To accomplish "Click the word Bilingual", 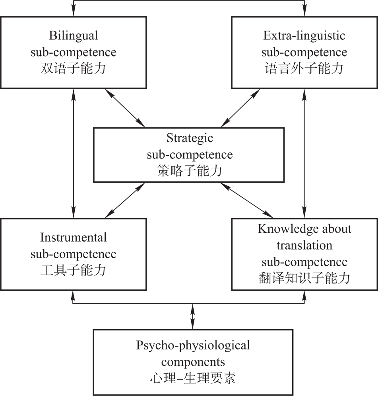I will pos(74,35).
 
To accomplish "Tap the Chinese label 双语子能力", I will pos(74,69).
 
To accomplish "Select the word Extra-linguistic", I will pos(304,35).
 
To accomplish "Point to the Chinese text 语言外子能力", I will pos(304,69).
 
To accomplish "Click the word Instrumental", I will pos(74,237).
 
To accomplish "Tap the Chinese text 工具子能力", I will pos(74,270).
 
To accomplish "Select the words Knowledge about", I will pos(304,229).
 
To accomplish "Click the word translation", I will pos(304,245).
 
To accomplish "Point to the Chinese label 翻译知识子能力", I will pos(304,278).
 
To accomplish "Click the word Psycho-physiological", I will pos(193,345).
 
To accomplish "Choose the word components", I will pos(193,362).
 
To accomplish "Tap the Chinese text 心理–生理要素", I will pos(193,378).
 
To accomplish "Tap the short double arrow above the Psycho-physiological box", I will pos(193,316).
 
